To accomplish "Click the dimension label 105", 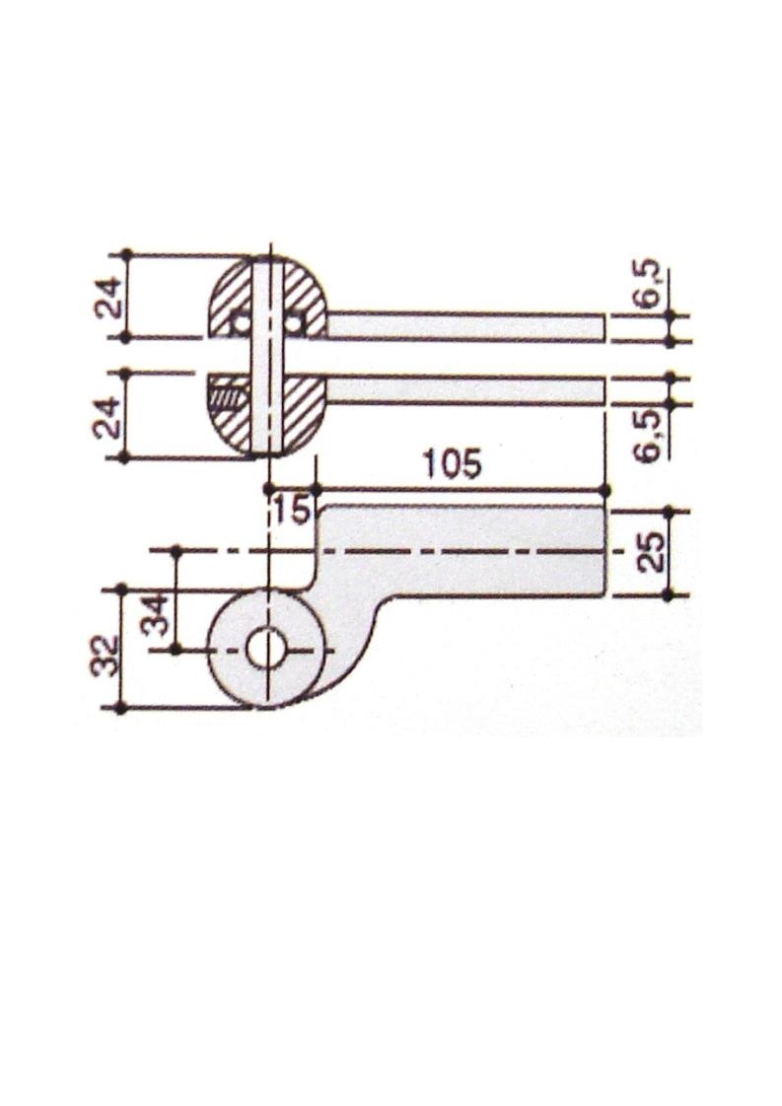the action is (452, 465).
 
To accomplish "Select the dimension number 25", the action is (654, 551).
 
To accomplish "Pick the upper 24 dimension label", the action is (110, 297).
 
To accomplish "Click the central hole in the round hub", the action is (265, 649).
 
